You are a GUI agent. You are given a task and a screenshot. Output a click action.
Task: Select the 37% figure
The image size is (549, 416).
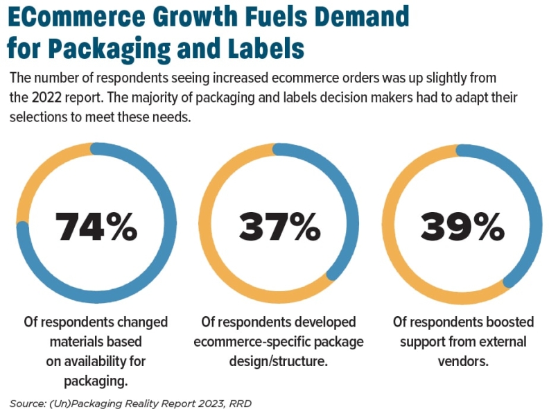(x=279, y=226)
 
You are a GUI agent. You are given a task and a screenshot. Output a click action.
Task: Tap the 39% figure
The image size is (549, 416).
(x=462, y=226)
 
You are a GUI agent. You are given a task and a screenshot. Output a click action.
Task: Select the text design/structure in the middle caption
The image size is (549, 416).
(x=278, y=361)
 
